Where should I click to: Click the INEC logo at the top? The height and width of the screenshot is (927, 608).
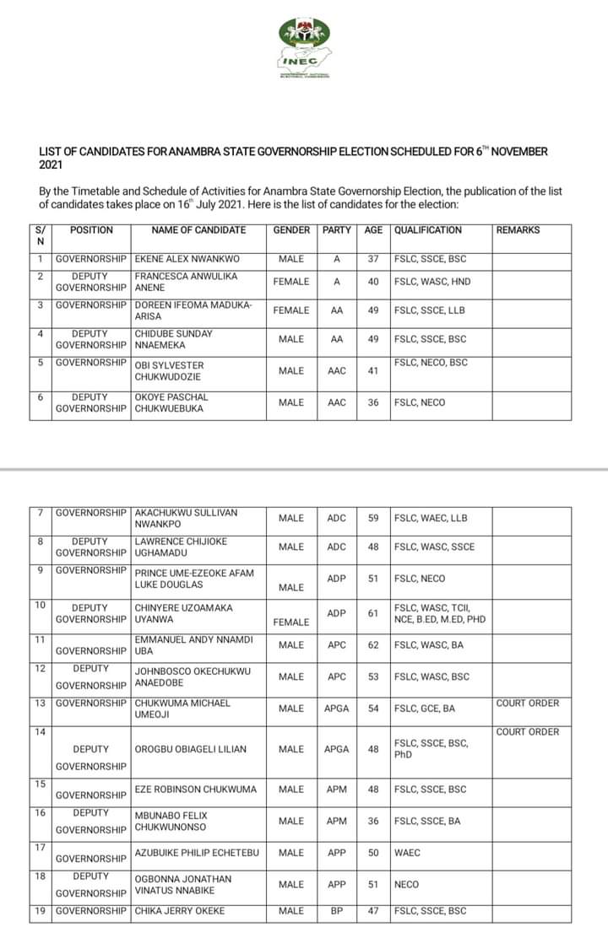click(305, 46)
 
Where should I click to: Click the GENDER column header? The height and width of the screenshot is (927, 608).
click(291, 230)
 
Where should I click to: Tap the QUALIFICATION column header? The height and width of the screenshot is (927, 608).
click(428, 230)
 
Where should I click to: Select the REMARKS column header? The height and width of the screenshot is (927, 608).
click(518, 230)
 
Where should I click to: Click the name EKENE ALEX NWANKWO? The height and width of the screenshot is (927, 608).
click(187, 259)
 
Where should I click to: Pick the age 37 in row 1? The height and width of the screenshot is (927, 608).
click(373, 259)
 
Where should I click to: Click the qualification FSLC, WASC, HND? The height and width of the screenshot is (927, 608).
click(432, 282)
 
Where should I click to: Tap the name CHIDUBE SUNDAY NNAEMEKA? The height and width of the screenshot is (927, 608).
click(172, 339)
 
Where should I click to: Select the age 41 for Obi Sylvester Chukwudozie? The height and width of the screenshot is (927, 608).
click(373, 371)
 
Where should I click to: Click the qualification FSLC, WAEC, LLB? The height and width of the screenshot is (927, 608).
click(431, 518)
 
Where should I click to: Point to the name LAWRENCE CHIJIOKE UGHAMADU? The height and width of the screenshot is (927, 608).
click(181, 547)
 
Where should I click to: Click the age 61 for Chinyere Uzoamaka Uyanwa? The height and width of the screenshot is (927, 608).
click(373, 613)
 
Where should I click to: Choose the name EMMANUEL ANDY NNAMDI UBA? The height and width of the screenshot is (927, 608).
click(193, 645)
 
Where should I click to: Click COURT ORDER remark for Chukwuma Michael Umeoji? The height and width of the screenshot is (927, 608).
click(528, 703)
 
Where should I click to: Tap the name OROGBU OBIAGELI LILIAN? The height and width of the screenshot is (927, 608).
click(191, 749)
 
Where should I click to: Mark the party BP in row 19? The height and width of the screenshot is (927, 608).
click(336, 911)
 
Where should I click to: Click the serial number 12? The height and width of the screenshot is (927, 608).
click(41, 669)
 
